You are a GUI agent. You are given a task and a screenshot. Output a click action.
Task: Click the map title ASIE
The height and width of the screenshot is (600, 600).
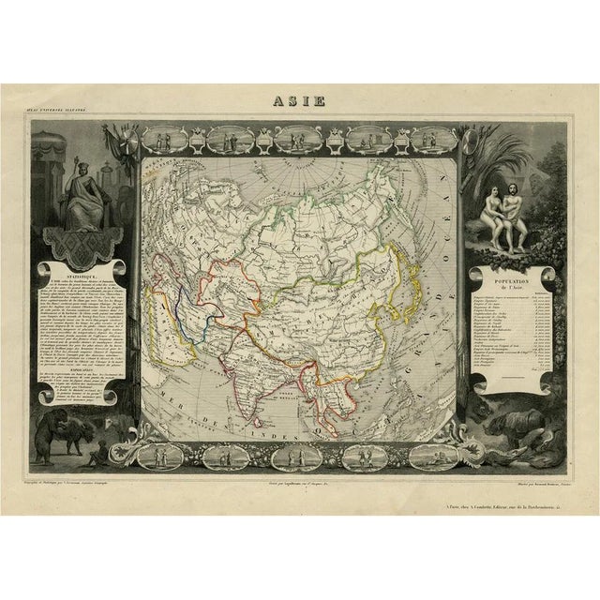[x=299, y=101]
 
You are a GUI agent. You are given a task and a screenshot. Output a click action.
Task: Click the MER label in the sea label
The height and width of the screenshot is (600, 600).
[x=172, y=382]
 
